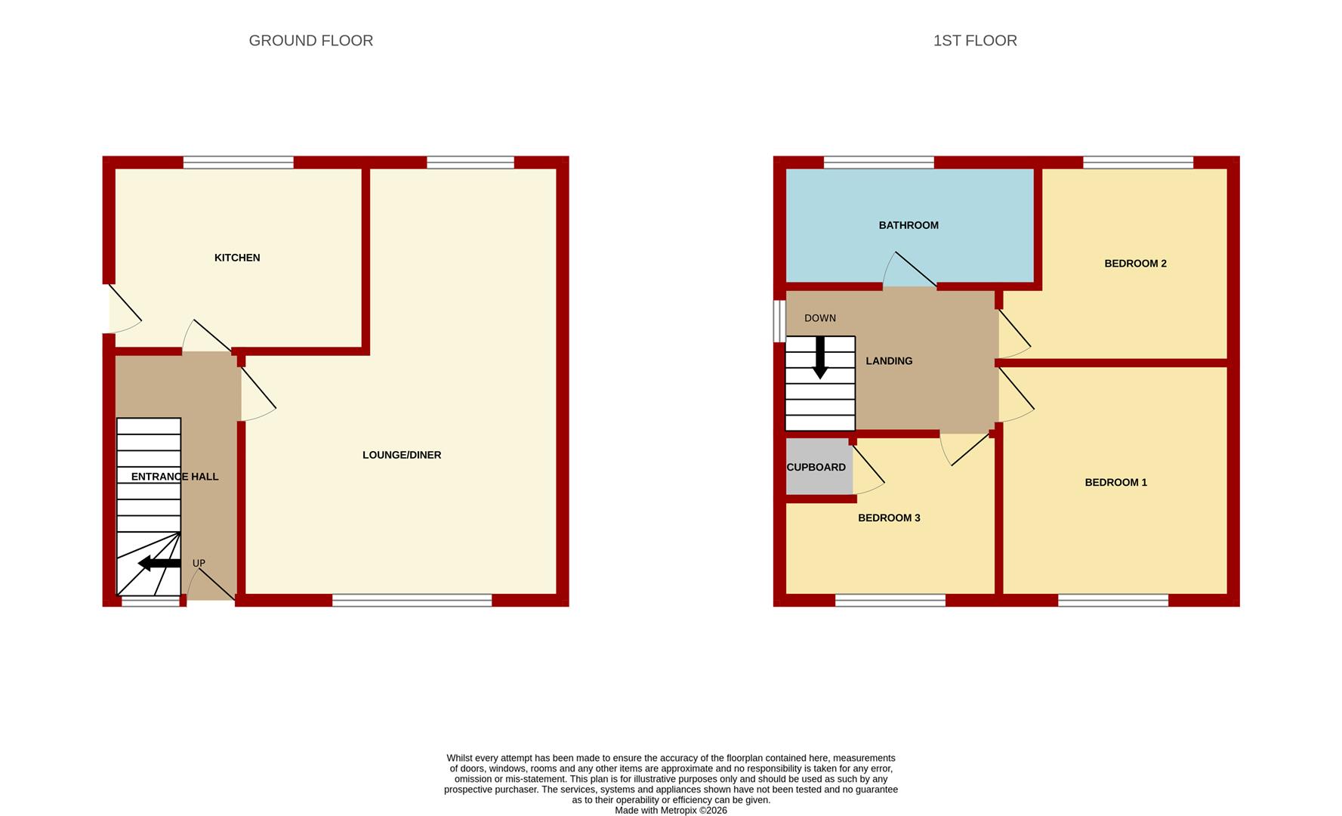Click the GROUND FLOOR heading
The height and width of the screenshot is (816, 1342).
[310, 41]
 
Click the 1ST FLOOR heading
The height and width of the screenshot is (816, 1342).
[975, 41]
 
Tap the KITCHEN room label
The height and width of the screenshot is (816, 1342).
[237, 258]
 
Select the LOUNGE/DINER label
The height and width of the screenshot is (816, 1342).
[402, 455]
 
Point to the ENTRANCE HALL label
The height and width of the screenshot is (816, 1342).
[174, 477]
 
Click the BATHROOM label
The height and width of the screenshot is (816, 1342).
[909, 225]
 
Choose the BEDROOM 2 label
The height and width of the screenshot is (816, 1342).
[1135, 264]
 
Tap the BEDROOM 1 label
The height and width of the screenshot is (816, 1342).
[1115, 483]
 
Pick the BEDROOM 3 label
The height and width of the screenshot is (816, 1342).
[889, 518]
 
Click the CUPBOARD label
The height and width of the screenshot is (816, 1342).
[816, 468]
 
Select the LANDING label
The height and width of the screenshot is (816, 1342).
[889, 361]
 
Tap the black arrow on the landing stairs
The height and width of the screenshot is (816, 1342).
[820, 357]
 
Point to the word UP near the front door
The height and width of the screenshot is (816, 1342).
[199, 564]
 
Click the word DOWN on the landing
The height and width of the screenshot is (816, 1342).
[820, 319]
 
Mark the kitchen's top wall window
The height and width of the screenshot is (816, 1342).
[238, 162]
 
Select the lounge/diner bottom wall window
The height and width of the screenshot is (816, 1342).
[412, 601]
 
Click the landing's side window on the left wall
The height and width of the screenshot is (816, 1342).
[779, 321]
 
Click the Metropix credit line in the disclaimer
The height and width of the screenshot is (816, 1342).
[671, 811]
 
